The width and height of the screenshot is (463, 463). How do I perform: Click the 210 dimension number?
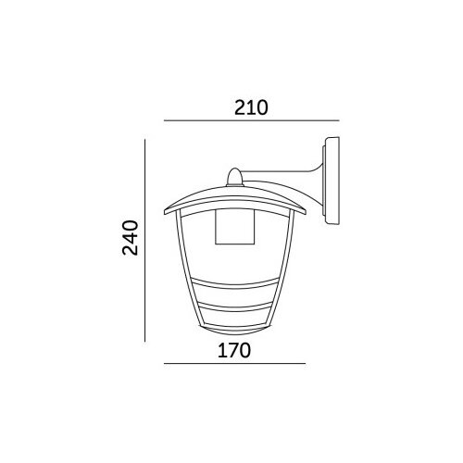pyautogui.click(x=251, y=107)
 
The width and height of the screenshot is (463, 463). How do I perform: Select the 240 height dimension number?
pyautogui.click(x=130, y=238)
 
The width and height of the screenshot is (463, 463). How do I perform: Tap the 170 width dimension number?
pyautogui.click(x=234, y=351)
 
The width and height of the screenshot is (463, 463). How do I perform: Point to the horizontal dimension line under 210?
pyautogui.click(x=252, y=120)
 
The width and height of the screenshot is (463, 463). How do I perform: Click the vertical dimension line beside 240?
pyautogui.click(x=144, y=241)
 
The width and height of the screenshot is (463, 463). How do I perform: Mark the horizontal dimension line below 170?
pyautogui.click(x=234, y=364)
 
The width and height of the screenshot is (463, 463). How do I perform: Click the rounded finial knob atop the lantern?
pyautogui.click(x=235, y=177)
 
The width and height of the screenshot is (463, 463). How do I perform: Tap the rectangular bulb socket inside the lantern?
pyautogui.click(x=235, y=227)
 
